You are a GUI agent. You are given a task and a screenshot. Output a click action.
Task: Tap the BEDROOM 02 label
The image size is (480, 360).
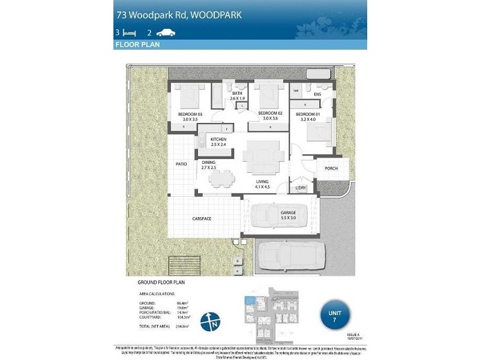(270, 113)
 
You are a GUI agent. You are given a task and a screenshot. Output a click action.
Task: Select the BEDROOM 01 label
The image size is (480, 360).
(308, 113)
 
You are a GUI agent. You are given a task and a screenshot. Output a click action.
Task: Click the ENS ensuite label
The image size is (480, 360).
(317, 94)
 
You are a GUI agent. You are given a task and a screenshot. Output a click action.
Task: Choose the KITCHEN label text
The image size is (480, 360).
(218, 139)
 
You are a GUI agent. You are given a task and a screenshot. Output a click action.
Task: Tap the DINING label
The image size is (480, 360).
(208, 163)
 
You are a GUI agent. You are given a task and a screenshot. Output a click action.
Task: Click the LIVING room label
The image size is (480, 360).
(262, 181)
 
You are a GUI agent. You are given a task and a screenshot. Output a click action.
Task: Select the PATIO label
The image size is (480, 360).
(181, 163)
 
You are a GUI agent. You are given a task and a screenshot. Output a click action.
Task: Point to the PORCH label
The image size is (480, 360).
(331, 169)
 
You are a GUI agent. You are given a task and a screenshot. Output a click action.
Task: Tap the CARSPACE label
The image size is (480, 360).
(202, 219)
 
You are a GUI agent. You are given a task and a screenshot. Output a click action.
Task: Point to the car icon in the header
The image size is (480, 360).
(166, 33)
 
